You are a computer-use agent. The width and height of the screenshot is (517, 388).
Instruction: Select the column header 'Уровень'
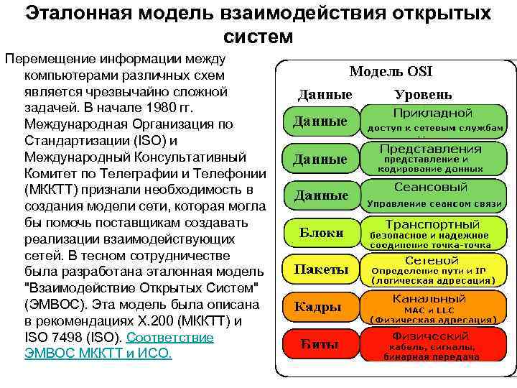point(424,95)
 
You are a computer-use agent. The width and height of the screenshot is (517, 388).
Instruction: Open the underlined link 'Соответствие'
point(170,338)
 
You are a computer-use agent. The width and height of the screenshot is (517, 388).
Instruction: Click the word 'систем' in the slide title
point(258,35)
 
